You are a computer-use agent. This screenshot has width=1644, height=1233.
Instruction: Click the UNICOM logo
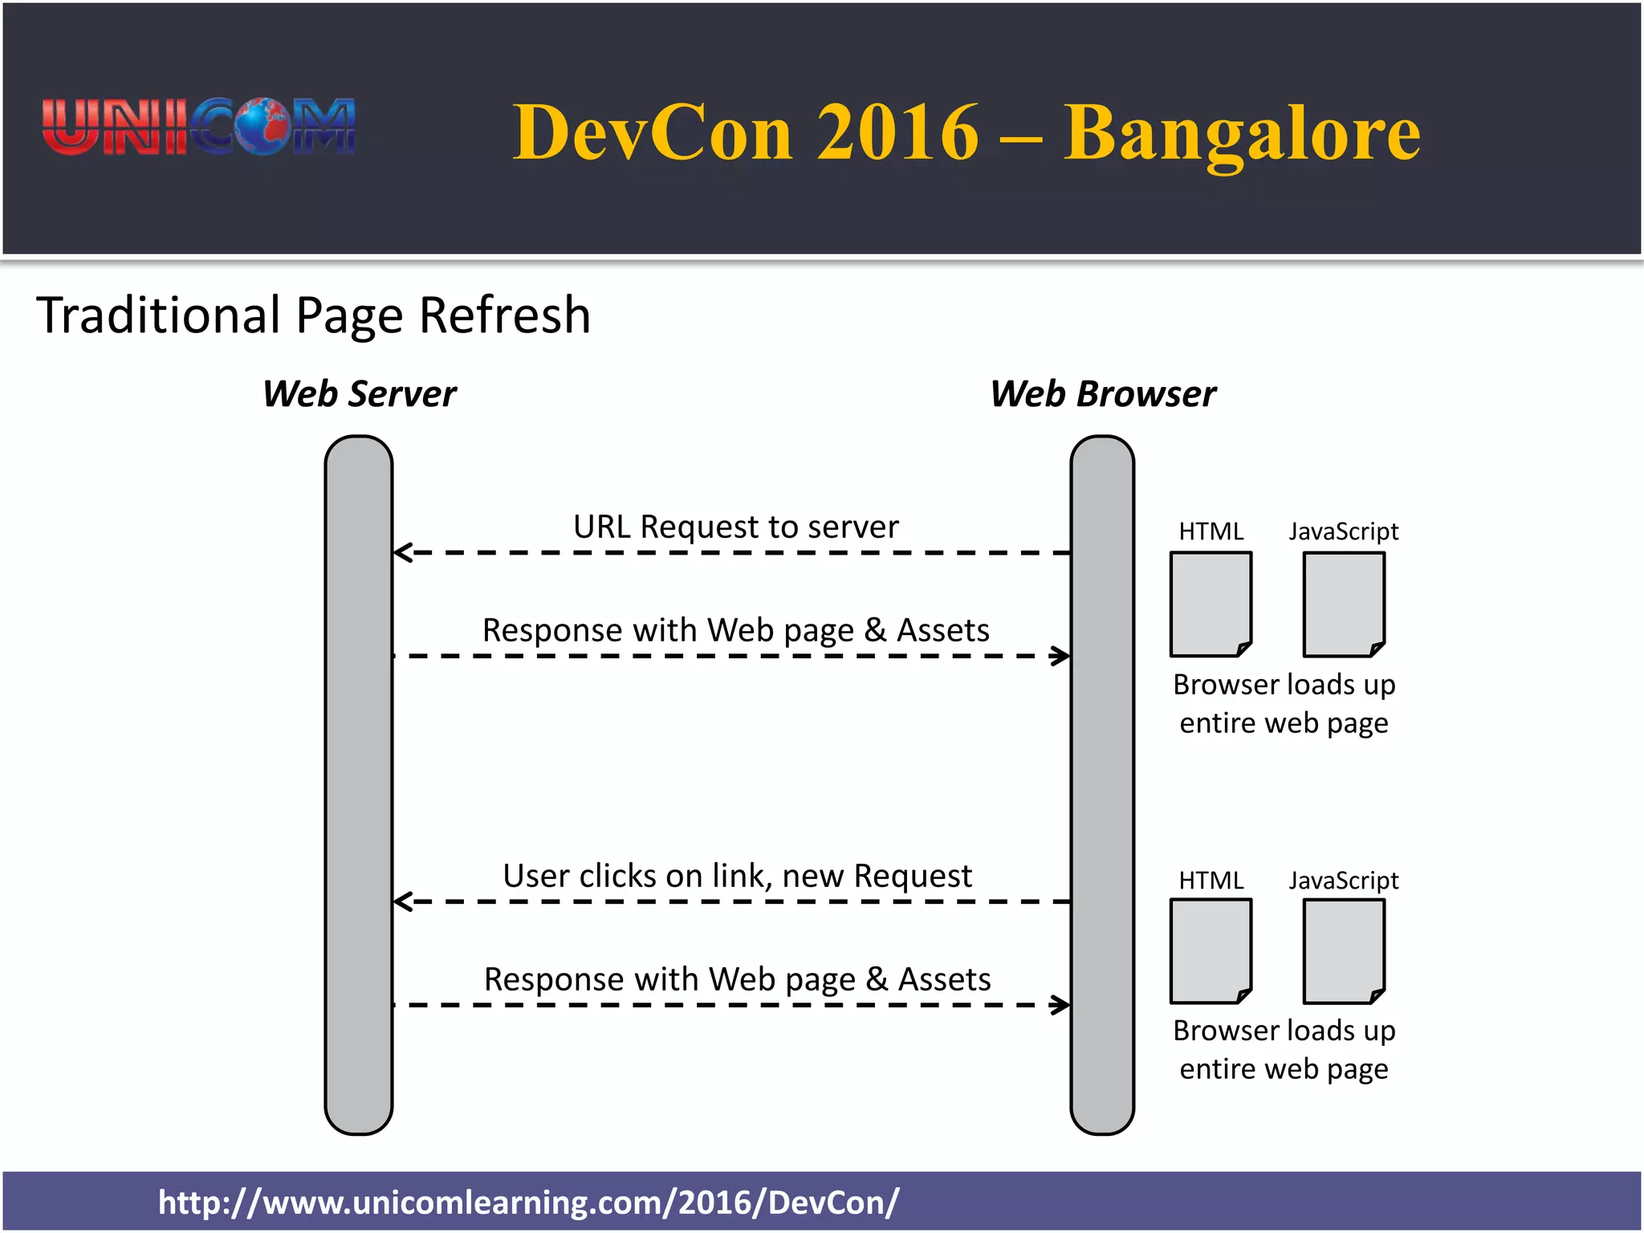pyautogui.click(x=199, y=127)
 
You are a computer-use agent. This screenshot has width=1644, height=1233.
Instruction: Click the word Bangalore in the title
pyautogui.click(x=1242, y=132)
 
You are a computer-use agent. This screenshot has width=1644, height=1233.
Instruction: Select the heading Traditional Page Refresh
pyautogui.click(x=314, y=315)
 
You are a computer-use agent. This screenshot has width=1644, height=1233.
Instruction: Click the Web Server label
pyautogui.click(x=360, y=394)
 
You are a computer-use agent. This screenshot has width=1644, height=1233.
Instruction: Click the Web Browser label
pyautogui.click(x=1103, y=394)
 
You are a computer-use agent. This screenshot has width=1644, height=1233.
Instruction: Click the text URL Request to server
pyautogui.click(x=735, y=527)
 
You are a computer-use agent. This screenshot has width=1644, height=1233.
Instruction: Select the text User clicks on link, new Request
pyautogui.click(x=737, y=876)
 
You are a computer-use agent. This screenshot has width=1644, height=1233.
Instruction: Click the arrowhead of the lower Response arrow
pyautogui.click(x=1061, y=1004)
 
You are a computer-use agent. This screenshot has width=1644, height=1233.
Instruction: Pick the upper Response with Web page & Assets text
pyautogui.click(x=735, y=630)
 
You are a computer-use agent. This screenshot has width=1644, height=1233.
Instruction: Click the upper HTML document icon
pyautogui.click(x=1211, y=604)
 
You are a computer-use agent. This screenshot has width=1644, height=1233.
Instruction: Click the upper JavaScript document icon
pyautogui.click(x=1344, y=604)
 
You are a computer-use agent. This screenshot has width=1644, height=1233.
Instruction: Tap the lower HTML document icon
pyautogui.click(x=1211, y=951)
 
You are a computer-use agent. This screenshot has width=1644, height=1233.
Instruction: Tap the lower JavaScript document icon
pyautogui.click(x=1344, y=951)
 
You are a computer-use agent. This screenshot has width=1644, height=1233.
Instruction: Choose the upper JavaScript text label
pyautogui.click(x=1344, y=531)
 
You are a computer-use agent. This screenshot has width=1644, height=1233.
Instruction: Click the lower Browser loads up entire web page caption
pyautogui.click(x=1284, y=1049)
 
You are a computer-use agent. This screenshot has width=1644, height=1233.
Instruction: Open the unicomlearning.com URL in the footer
pyautogui.click(x=528, y=1202)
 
